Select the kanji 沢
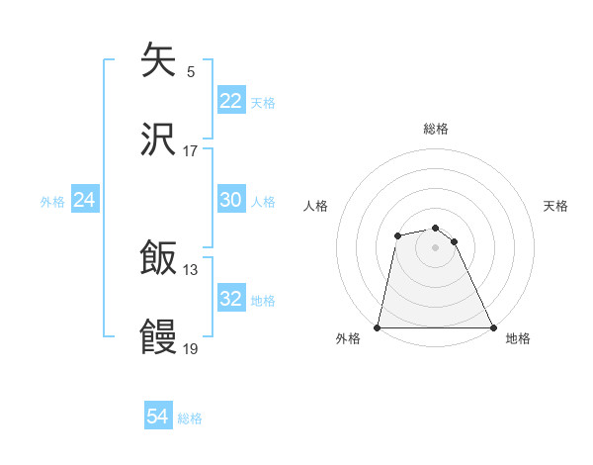[x=158, y=139]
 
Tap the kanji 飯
[x=158, y=258]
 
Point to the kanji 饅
[x=158, y=337]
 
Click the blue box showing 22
[x=230, y=101]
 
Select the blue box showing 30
[x=230, y=200]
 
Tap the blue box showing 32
[x=230, y=299]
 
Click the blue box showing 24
[x=85, y=200]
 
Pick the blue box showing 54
[x=158, y=418]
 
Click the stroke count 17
[x=191, y=150]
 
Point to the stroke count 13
[x=191, y=269]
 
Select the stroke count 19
[x=191, y=348]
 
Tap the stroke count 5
[x=191, y=71]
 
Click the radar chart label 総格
[x=436, y=129]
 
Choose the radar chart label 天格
[x=556, y=206]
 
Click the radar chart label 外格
[x=348, y=339]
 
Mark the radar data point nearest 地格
[x=492, y=327]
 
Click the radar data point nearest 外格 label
[x=378, y=327]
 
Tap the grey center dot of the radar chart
[x=435, y=247]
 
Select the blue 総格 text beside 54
[x=190, y=418]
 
